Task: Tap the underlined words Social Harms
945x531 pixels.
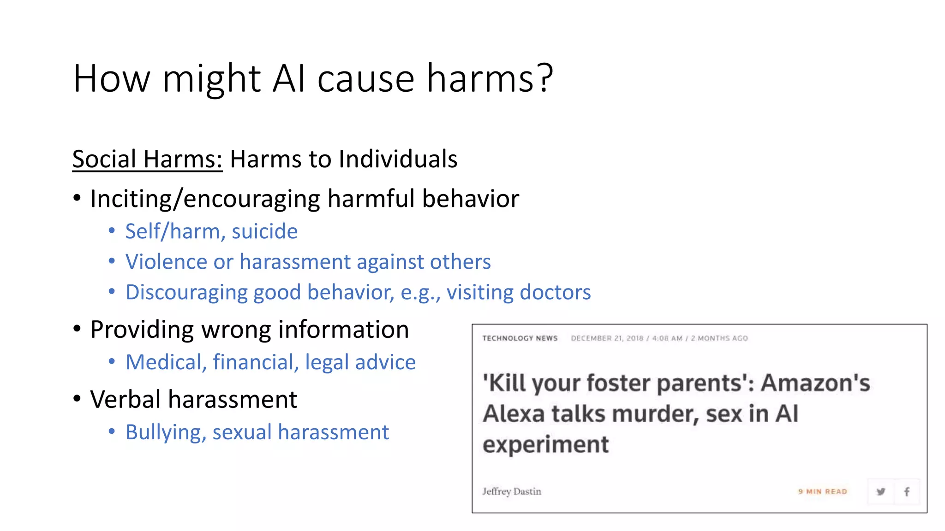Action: tap(147, 159)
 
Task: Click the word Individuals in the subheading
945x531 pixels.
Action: tap(398, 159)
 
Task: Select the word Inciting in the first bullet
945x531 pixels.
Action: tap(130, 199)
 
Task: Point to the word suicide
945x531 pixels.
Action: tap(265, 231)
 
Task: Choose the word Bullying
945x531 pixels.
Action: tap(166, 432)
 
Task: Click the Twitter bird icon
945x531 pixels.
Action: tap(881, 491)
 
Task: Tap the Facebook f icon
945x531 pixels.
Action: tap(907, 491)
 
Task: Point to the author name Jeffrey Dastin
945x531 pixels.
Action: tap(512, 491)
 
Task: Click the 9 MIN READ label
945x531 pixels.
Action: tap(823, 492)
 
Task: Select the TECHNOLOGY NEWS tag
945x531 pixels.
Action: tap(520, 338)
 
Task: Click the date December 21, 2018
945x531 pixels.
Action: tap(607, 338)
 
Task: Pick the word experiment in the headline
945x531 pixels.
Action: tap(545, 444)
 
